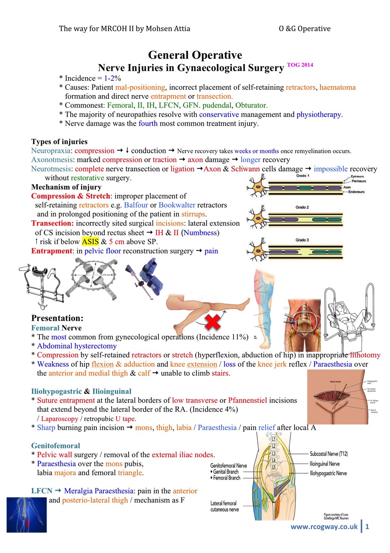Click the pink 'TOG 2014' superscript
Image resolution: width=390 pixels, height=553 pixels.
(x=300, y=65)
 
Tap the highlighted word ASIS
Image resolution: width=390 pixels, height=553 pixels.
(x=90, y=242)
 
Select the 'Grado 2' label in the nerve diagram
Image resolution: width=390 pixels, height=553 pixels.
(x=302, y=207)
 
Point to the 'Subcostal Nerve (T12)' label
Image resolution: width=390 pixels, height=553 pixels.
(x=328, y=454)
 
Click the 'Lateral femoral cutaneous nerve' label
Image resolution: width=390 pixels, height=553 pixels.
(x=224, y=506)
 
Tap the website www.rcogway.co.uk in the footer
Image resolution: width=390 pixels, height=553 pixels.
(x=324, y=527)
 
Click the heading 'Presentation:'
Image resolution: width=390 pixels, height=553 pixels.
(x=57, y=318)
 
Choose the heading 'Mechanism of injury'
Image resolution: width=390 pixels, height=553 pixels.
(x=66, y=187)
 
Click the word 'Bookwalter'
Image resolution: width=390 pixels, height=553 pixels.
(x=177, y=205)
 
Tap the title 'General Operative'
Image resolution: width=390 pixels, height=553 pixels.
(x=195, y=55)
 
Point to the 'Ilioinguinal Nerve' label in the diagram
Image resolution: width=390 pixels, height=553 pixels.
(x=324, y=464)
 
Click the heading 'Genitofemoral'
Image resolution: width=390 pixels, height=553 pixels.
(x=56, y=446)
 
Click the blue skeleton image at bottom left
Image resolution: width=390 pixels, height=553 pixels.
(x=26, y=515)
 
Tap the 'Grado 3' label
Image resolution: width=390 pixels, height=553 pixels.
(x=302, y=240)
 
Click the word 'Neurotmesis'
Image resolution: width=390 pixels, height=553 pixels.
(x=51, y=169)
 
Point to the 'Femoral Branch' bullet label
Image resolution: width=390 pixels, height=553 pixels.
(x=227, y=478)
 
